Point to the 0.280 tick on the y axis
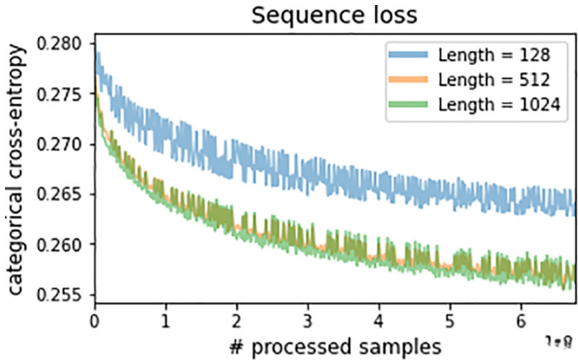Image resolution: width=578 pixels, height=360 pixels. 66,44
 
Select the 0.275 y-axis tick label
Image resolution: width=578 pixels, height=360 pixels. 66,95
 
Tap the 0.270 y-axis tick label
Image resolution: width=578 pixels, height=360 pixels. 66,145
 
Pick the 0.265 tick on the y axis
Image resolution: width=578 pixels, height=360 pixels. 66,195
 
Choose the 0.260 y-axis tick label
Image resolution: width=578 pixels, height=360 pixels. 66,245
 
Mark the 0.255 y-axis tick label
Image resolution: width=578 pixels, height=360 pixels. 66,295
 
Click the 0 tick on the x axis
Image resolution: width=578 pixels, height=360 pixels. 95,318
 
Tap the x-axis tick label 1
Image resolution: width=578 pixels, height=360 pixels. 166,318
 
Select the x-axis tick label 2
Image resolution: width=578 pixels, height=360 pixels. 238,318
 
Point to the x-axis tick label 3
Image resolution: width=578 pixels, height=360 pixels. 309,318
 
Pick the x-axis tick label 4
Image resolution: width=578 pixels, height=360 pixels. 380,318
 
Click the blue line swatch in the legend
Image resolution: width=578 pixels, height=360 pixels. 409,57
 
